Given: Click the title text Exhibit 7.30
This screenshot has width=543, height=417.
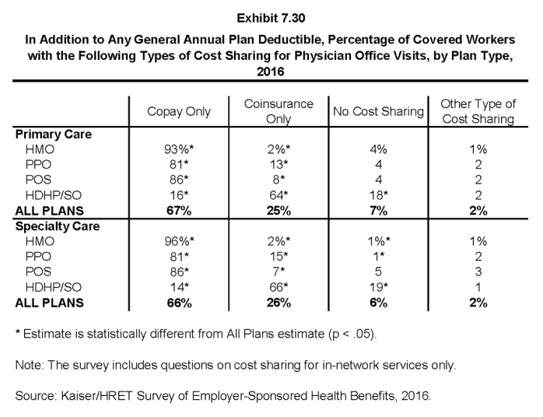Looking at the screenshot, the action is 271,18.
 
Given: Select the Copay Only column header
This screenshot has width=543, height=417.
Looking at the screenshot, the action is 179,111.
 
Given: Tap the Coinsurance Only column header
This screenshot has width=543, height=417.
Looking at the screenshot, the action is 279,111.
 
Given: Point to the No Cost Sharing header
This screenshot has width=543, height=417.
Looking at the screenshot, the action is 378,111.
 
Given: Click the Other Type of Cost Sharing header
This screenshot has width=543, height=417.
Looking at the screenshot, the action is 478,111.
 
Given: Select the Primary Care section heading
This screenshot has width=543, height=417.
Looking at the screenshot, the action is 54,135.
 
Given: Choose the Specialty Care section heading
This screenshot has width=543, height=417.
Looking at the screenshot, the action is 58,226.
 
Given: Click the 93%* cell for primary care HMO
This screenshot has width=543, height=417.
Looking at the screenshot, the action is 179,149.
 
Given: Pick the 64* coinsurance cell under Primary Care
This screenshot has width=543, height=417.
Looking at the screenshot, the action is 279,195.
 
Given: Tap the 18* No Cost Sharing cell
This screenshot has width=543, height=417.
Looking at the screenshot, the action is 378,195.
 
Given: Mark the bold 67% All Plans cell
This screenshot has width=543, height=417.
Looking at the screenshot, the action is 179,211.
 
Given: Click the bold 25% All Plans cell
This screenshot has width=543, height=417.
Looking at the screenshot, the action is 279,211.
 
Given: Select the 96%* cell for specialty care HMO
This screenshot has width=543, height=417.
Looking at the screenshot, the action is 179,241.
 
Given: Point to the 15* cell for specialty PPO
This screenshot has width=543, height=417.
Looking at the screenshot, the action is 279,256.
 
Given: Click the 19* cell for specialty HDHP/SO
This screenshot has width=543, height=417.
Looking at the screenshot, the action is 378,287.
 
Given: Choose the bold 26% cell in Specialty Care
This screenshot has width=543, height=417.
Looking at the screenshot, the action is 279,303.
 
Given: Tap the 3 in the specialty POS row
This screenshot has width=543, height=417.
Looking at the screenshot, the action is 478,272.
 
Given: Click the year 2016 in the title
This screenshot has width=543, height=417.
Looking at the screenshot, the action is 271,72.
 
